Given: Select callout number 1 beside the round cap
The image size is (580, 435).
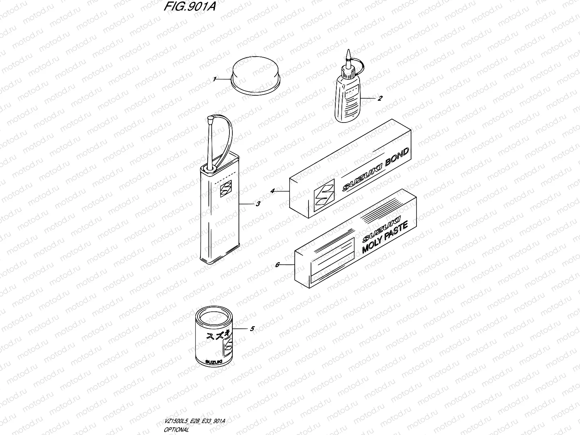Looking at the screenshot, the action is point(215,79).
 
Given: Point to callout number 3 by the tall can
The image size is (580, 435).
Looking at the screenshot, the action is point(258,204).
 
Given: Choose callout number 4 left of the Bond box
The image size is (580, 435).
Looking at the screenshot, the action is point(273,190).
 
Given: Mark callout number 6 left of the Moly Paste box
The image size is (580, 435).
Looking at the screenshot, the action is point(277,265).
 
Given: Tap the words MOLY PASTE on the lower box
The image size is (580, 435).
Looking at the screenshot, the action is point(385,236).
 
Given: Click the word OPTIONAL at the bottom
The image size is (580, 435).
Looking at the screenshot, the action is point(177,430).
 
